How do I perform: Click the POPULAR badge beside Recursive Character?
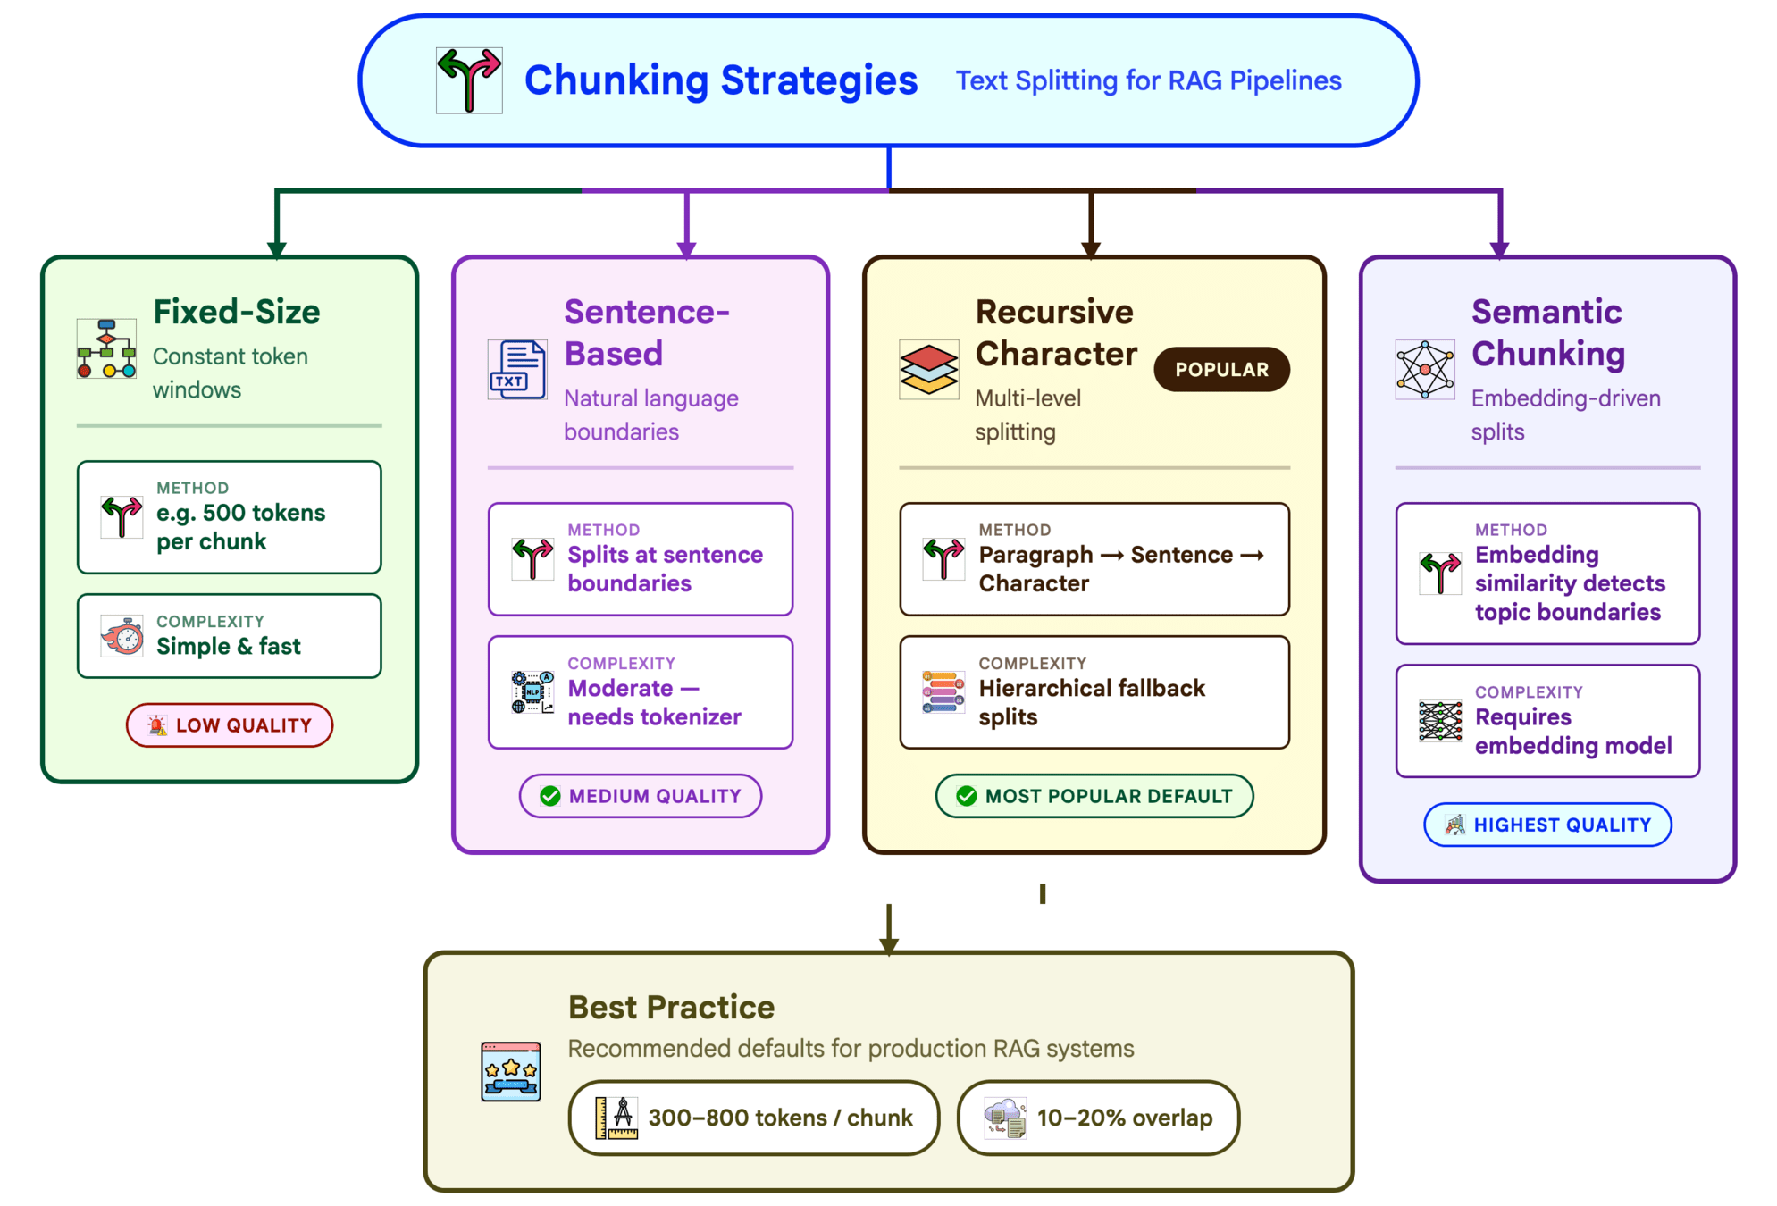click(x=1220, y=369)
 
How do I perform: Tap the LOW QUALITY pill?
click(x=230, y=724)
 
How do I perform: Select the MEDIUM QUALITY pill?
click(x=641, y=795)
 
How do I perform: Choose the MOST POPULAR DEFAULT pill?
click(x=1094, y=795)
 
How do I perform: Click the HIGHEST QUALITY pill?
click(x=1546, y=824)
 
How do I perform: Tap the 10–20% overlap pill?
click(x=1097, y=1117)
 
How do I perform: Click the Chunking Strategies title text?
click(x=720, y=80)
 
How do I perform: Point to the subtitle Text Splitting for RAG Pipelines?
click(x=1148, y=80)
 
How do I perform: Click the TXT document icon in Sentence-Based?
click(x=517, y=369)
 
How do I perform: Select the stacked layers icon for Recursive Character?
click(x=928, y=369)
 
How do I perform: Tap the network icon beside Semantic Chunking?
click(x=1424, y=369)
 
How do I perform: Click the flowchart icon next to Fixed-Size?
click(x=106, y=348)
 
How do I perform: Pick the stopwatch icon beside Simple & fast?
click(x=122, y=636)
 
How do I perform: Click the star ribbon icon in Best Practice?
click(x=510, y=1071)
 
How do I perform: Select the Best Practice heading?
click(x=671, y=1007)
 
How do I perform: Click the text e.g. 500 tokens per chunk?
click(x=240, y=527)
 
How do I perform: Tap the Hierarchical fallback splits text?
click(x=1091, y=702)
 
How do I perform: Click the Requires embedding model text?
click(x=1572, y=731)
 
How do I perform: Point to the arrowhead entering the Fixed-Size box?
click(x=277, y=249)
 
